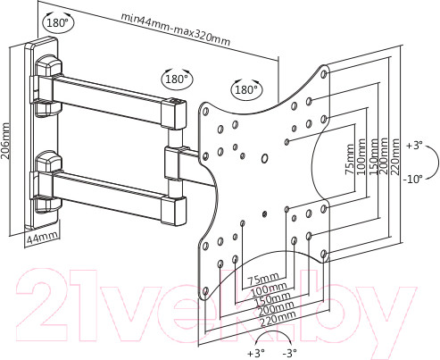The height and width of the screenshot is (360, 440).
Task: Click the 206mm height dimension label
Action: [x=5, y=140]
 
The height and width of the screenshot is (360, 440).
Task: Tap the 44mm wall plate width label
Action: [x=42, y=238]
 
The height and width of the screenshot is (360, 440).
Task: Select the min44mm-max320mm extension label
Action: [x=176, y=29]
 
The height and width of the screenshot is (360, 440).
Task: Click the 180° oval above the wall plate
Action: [x=58, y=22]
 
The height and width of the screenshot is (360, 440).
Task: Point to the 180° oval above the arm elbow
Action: [x=177, y=79]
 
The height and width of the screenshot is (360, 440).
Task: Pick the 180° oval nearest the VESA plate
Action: [x=246, y=89]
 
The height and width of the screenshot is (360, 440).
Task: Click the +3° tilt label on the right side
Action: [x=414, y=146]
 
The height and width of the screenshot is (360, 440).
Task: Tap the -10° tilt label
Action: [x=413, y=180]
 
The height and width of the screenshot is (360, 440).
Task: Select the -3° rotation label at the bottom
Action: [x=289, y=354]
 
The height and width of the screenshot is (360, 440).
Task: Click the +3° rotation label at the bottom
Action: [x=256, y=354]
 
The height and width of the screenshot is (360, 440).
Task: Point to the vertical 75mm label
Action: [x=350, y=159]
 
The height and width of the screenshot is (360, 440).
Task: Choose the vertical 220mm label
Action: [x=394, y=156]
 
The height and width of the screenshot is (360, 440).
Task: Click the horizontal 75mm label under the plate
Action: [x=263, y=279]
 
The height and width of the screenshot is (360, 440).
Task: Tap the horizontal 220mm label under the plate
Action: [x=278, y=318]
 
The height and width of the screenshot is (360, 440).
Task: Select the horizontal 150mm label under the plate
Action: [x=272, y=299]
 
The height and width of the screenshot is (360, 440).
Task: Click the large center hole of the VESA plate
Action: [x=264, y=158]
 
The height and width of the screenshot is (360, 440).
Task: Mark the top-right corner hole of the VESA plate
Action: [x=325, y=74]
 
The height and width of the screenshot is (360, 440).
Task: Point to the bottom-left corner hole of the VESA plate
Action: [x=205, y=291]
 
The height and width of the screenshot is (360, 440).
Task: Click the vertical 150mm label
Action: [x=373, y=156]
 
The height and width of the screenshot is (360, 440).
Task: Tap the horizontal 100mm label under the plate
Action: [x=269, y=289]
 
